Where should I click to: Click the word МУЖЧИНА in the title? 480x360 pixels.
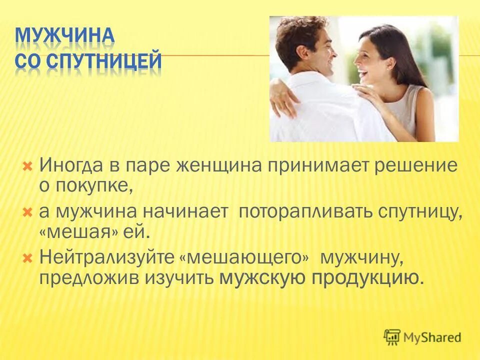65,36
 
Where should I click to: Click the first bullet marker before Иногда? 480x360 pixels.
28,165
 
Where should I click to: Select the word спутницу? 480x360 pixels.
420,211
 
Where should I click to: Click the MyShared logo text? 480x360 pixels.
433,337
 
